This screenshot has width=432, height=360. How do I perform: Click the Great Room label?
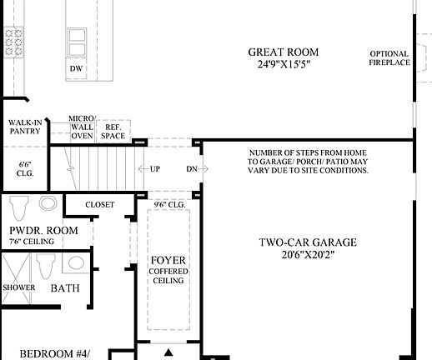pos(284,52)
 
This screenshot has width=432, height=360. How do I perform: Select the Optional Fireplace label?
pos(389,57)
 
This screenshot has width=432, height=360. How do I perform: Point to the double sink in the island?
pos(76,38)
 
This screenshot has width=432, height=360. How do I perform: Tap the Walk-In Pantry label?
pos(25,126)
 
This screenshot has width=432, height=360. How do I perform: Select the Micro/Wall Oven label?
pos(82,127)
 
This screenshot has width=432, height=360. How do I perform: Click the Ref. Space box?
pos(113,130)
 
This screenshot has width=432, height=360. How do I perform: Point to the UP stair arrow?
pos(151,168)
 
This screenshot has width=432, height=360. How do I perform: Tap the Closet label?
pos(99,204)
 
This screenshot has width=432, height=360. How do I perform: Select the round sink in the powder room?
pos(47,202)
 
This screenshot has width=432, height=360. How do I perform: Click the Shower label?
pos(18,287)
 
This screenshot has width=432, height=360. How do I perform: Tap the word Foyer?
pos(168,261)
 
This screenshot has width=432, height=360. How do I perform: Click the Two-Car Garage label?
pos(307,242)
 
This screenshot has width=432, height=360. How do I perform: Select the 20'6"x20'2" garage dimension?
pos(307,256)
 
